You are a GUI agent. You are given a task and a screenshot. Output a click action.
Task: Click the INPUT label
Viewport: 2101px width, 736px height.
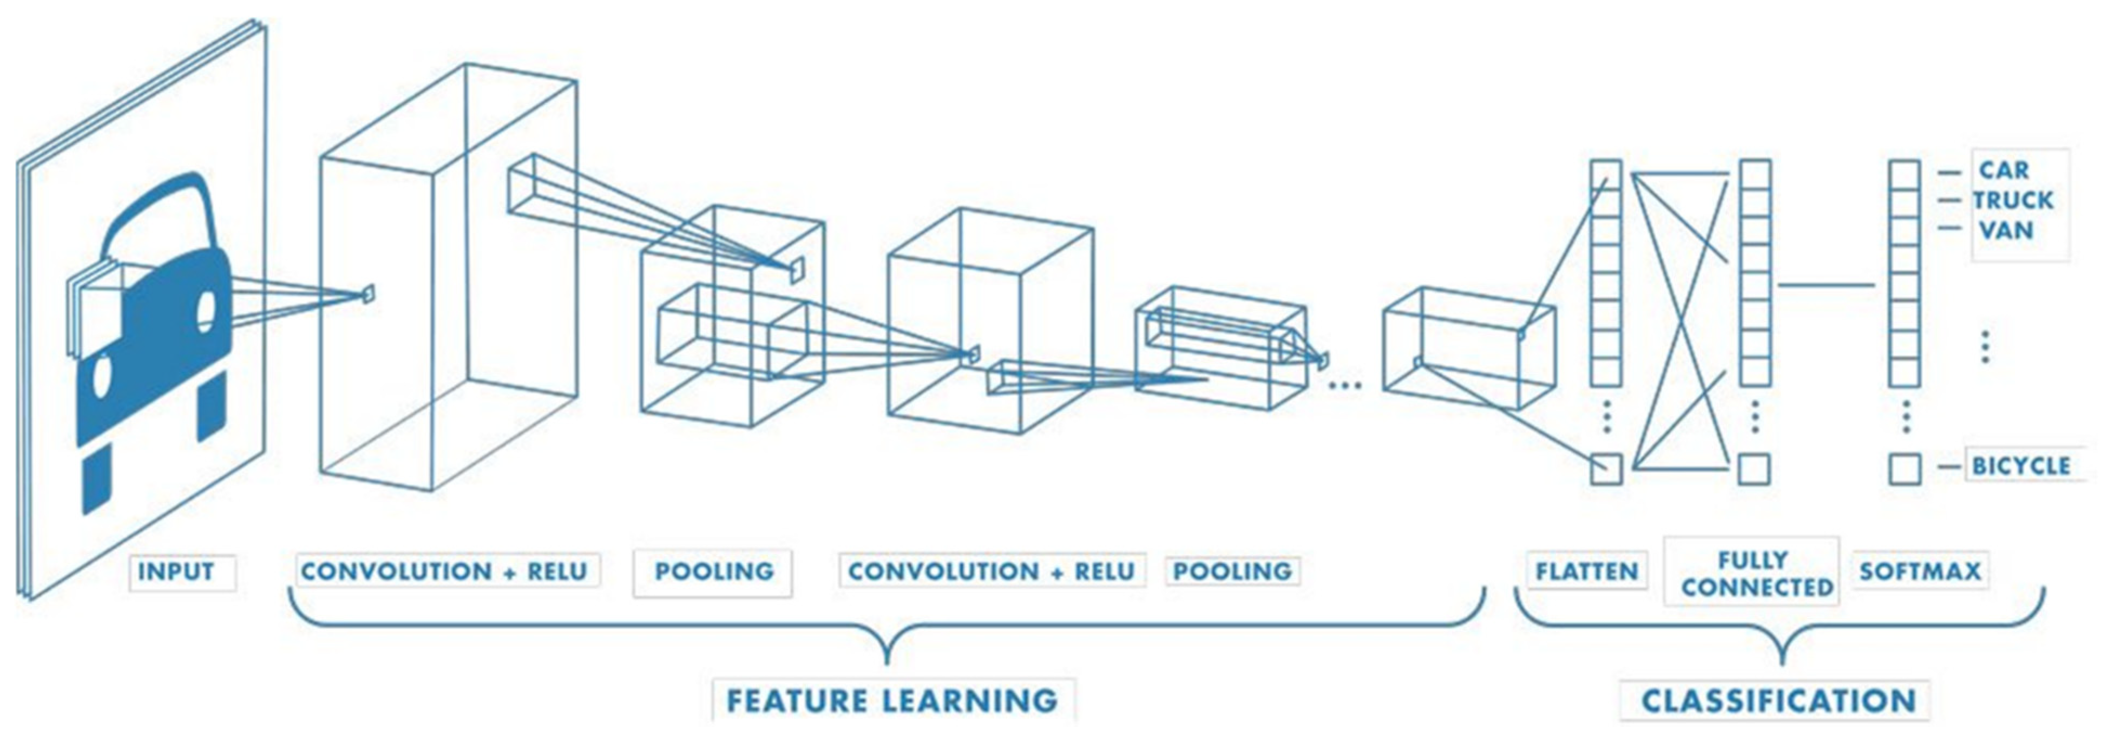(176, 571)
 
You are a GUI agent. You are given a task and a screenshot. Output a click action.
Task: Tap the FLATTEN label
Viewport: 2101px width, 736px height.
(1586, 571)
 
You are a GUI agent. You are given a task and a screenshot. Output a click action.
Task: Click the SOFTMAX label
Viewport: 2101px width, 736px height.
(1920, 571)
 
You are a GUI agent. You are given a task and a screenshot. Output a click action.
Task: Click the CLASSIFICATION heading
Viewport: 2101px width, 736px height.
(1778, 701)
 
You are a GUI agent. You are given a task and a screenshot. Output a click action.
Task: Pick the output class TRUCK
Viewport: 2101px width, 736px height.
(2013, 200)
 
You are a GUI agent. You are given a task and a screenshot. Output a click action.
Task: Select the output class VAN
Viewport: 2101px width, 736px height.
(2006, 230)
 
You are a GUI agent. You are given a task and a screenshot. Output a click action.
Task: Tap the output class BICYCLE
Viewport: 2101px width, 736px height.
(2021, 466)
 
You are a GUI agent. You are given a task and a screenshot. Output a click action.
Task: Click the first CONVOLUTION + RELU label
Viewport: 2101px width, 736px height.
(444, 571)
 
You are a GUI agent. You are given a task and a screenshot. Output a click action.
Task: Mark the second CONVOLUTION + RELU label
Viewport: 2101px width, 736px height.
(991, 571)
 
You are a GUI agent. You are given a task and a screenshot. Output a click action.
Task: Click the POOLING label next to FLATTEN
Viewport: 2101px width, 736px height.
(1232, 571)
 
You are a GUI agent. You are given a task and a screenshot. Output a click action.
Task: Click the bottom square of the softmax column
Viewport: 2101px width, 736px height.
(1905, 469)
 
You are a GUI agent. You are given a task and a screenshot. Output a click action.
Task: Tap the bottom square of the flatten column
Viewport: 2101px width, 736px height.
(1606, 469)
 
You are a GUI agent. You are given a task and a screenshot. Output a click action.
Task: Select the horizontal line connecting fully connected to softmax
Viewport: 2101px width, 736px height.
(1827, 285)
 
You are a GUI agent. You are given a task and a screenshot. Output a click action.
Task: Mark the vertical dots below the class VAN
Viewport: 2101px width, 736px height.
(1985, 347)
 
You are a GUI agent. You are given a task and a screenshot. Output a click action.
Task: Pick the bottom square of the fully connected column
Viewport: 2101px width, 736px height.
(1755, 469)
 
